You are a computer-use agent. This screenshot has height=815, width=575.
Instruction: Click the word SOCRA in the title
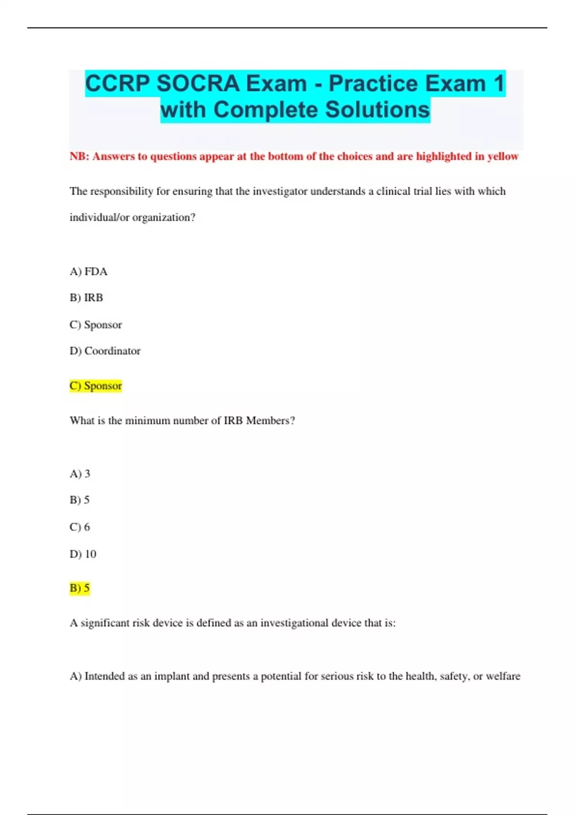click(198, 84)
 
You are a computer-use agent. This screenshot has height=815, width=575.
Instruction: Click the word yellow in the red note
click(503, 156)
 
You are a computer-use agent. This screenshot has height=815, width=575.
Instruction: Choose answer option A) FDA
click(89, 272)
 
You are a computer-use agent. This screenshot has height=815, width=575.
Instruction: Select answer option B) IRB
click(86, 298)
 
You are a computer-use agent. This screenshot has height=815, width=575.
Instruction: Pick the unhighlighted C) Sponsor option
click(96, 325)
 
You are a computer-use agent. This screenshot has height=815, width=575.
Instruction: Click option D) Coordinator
click(105, 351)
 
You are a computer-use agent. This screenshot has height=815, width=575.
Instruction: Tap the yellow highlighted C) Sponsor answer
click(96, 386)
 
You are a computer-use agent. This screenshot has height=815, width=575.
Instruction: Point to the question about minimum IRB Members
click(182, 420)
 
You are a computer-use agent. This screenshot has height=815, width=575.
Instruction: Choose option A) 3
click(80, 474)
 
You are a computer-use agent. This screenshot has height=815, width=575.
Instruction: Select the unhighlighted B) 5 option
click(80, 500)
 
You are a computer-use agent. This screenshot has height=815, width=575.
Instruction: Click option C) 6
click(80, 527)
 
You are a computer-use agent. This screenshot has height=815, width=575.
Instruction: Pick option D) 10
click(83, 554)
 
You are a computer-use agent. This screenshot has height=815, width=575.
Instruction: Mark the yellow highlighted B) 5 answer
click(80, 588)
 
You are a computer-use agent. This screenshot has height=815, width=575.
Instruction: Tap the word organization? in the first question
click(164, 218)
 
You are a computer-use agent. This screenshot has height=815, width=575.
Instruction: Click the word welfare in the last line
click(503, 676)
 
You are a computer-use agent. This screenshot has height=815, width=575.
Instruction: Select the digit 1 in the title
click(499, 84)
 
